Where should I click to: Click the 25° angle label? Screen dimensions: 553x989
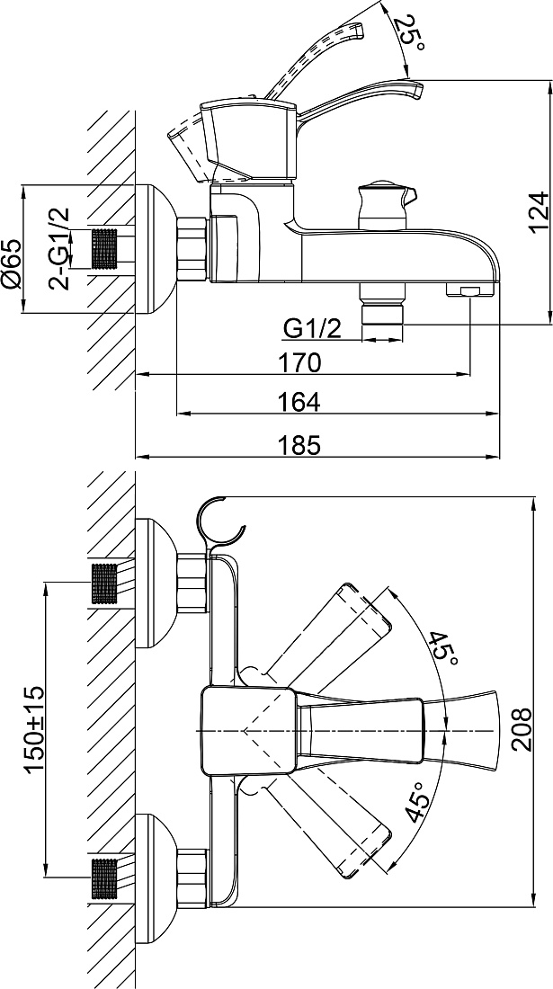pos(410,32)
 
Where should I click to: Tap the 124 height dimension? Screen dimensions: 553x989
pos(540,212)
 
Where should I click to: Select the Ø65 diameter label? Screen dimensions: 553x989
pos(12,263)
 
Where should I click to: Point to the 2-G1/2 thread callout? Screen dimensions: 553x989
pos(60,248)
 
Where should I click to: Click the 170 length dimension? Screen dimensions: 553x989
pos(300,362)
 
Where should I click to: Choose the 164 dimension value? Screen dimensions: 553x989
pos(300,401)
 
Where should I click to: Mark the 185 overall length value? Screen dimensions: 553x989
pos(300,445)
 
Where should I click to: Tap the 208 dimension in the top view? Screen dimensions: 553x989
pos(522,730)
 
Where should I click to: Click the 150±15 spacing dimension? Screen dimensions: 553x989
pos(34,728)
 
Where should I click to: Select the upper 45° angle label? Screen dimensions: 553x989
pos(444,647)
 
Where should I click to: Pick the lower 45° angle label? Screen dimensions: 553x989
pos(418,800)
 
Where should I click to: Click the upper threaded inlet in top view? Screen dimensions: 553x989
pos(104,583)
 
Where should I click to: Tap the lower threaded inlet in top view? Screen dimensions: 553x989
pos(104,878)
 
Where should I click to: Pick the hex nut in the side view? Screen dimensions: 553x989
pos(193,248)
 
